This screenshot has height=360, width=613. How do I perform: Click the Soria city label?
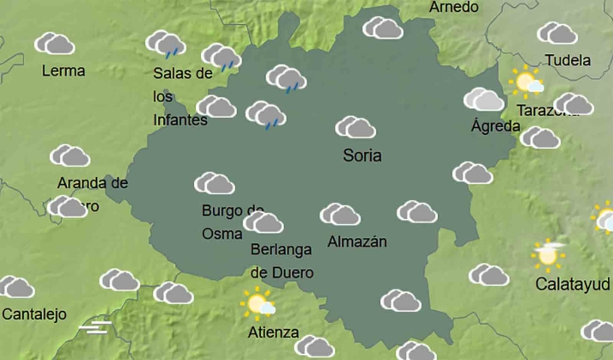361,156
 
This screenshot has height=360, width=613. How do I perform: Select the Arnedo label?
453,7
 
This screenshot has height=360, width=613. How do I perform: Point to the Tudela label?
568,61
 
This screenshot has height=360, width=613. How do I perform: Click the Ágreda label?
495,126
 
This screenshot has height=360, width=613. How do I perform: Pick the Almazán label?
357,241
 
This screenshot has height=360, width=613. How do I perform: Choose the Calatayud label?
573,284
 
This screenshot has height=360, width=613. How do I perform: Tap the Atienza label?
273,333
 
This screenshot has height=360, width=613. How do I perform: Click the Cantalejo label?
34,314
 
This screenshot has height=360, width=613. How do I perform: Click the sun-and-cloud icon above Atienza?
258,303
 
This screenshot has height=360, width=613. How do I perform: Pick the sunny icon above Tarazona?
525,82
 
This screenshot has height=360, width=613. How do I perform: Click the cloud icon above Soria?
355,127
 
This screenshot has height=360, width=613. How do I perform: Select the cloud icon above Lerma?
55,43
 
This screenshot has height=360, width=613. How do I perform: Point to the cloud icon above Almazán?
340,214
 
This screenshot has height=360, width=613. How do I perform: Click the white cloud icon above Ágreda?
484,100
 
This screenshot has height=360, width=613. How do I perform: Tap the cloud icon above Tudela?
557,34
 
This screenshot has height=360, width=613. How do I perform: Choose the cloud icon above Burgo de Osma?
215,183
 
